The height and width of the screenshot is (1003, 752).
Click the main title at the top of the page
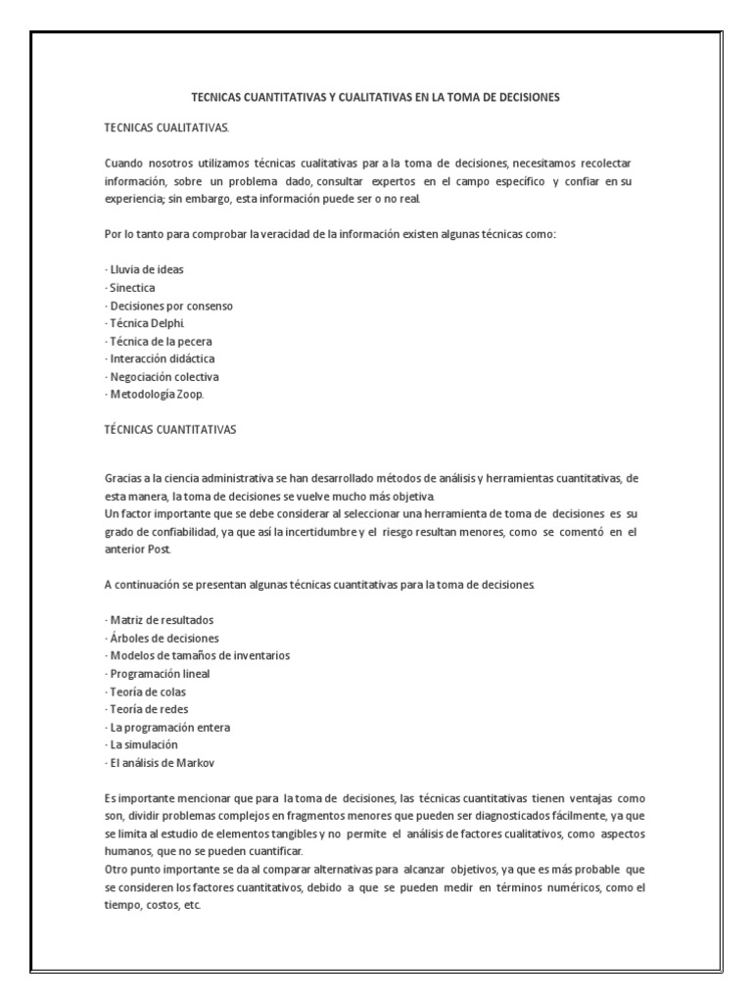click(375, 98)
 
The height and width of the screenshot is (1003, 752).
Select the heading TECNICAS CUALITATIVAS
click(165, 127)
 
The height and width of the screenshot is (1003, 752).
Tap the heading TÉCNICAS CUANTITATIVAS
click(169, 429)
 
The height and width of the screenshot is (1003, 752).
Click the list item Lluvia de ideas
click(144, 269)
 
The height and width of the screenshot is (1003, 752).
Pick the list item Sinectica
click(130, 288)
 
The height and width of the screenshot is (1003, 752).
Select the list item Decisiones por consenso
click(168, 306)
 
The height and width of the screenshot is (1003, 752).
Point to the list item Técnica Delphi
click(144, 323)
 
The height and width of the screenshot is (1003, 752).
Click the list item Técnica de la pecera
click(158, 341)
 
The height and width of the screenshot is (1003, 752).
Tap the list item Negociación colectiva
click(162, 376)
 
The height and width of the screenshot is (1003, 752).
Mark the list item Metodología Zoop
click(154, 394)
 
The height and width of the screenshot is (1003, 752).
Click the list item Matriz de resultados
click(159, 620)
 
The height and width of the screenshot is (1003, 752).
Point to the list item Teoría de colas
click(145, 692)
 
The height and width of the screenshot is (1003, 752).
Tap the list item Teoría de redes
click(147, 709)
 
